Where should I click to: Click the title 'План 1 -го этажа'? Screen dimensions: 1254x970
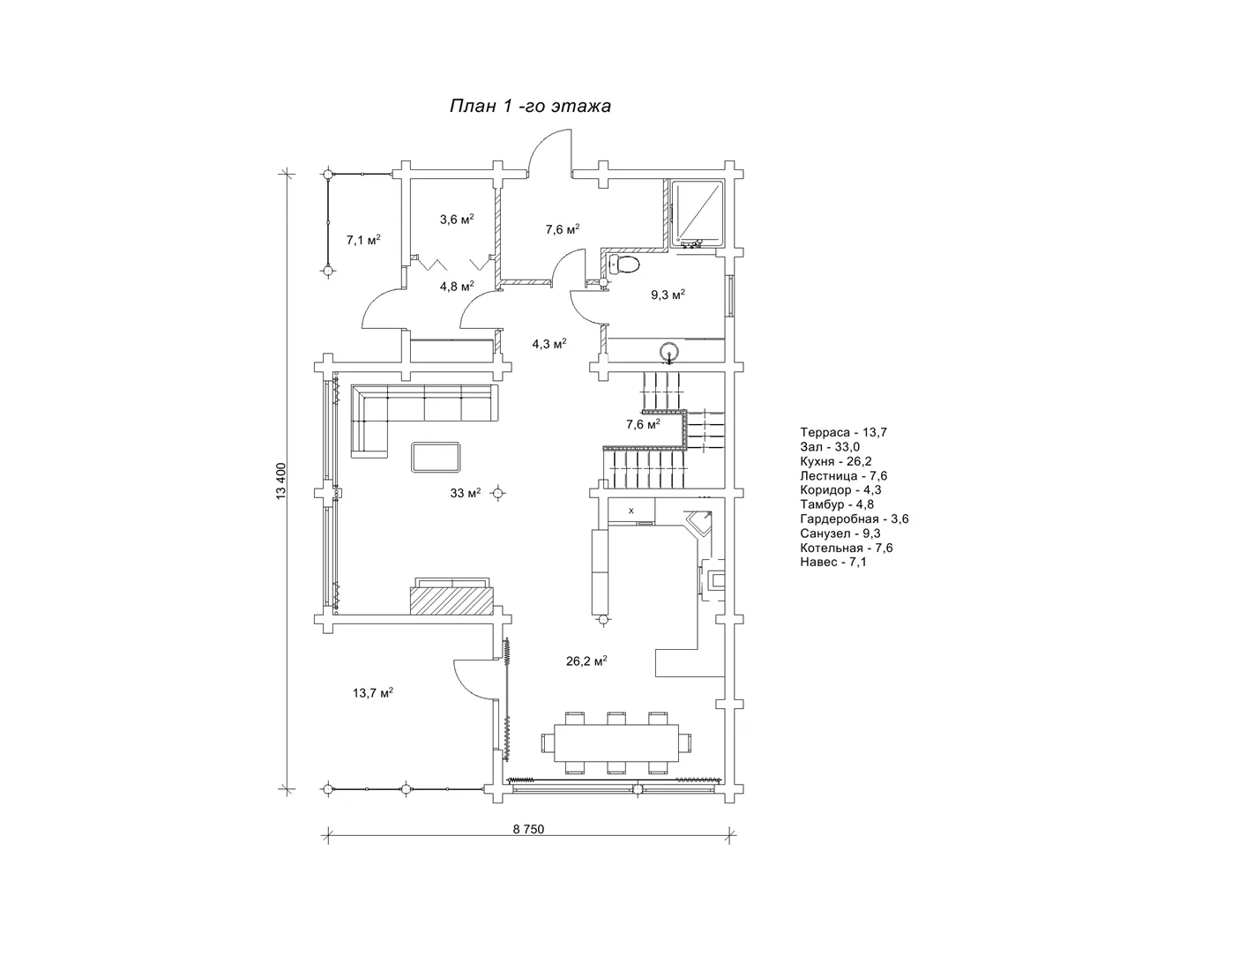pos(530,106)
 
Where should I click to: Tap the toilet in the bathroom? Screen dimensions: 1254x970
pos(623,265)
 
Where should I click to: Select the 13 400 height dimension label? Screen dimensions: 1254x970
pos(281,481)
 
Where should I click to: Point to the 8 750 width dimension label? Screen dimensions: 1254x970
pos(528,829)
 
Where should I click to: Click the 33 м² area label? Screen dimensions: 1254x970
pos(465,493)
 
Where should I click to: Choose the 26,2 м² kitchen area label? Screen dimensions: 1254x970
pos(586,660)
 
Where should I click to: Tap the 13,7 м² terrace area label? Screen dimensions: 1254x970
pos(373,692)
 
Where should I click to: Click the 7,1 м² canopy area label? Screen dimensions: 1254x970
pos(363,240)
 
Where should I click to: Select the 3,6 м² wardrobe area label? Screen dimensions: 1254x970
pos(457,220)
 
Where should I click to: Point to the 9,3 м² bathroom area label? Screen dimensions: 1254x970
pos(668,295)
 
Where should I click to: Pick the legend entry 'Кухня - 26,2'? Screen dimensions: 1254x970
pos(836,461)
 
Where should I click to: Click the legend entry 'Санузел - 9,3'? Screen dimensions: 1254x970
pos(840,533)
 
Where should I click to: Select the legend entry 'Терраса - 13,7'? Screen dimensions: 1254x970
pos(844,432)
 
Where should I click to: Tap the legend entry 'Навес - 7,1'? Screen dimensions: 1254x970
pos(833,562)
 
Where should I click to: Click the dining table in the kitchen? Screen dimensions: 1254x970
pos(616,742)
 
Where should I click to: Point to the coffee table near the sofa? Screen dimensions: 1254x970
pos(436,457)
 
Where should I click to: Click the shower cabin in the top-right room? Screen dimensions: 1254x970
pos(698,212)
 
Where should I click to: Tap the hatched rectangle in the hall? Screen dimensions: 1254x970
pos(452,601)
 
